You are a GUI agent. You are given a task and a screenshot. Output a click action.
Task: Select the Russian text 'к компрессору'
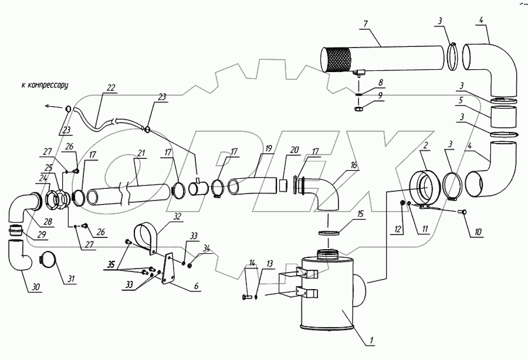(x=45, y=85)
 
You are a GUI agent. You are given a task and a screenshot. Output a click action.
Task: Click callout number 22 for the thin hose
(x=111, y=88)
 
